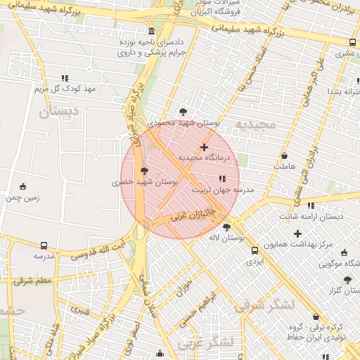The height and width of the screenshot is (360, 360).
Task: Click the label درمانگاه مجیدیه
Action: tap(204, 158)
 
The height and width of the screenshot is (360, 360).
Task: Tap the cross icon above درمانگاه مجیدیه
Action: tap(204, 147)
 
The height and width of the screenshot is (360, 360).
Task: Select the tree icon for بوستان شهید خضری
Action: tap(145, 171)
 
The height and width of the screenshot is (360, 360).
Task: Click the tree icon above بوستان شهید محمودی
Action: tap(184, 111)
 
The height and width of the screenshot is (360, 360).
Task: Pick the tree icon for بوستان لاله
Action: tap(226, 227)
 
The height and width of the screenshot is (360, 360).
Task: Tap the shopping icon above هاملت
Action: tap(284, 156)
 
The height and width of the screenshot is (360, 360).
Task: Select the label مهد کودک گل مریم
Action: tap(65, 89)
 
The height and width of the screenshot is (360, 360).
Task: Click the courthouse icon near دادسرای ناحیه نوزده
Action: tap(153, 31)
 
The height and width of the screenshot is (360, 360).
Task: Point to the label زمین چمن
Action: tap(23, 198)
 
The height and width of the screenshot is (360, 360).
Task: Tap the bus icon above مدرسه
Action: tap(44, 246)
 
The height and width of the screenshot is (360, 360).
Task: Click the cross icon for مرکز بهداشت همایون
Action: tap(297, 233)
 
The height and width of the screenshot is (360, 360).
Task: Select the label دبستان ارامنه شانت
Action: tap(311, 217)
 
